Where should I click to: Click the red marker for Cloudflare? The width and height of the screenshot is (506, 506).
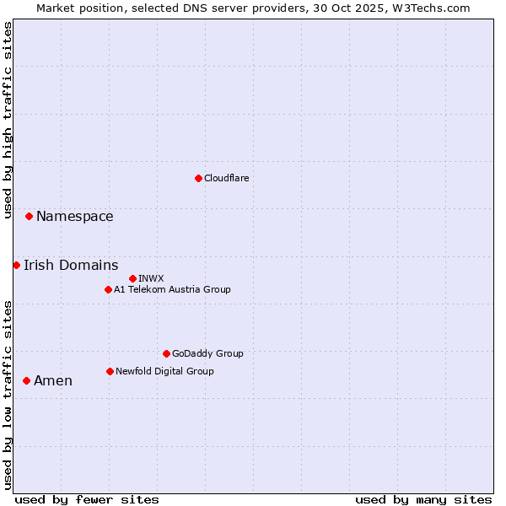pos(198,178)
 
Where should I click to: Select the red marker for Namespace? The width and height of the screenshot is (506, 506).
pos(29,217)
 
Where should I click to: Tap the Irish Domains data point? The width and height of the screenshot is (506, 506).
pos(16,266)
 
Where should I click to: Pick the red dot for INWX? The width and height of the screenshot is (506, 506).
pos(132,278)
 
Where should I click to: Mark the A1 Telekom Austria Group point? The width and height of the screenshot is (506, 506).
pos(108,289)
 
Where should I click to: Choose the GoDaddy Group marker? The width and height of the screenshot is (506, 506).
pos(166,353)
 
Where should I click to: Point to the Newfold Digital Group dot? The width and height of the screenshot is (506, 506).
pos(110,371)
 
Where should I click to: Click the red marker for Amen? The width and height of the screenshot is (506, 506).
pos(26,381)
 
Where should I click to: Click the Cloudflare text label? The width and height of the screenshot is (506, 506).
pos(226,178)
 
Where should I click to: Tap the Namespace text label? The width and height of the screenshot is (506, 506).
pos(74,217)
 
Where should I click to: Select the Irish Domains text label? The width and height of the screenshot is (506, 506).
pos(71,266)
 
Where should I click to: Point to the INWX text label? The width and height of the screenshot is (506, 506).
pos(151,278)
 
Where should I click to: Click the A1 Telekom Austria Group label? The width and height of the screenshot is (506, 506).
pos(172,289)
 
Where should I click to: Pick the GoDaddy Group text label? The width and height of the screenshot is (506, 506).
pos(207,353)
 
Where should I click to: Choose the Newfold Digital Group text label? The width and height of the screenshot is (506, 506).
pos(164,371)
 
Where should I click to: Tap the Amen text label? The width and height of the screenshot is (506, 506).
pos(53,381)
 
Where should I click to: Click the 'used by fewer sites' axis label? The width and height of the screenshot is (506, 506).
pos(87,499)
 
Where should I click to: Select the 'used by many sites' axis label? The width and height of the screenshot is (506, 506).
pos(423,499)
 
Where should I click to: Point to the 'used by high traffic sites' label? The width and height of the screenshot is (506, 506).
pos(8,120)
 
